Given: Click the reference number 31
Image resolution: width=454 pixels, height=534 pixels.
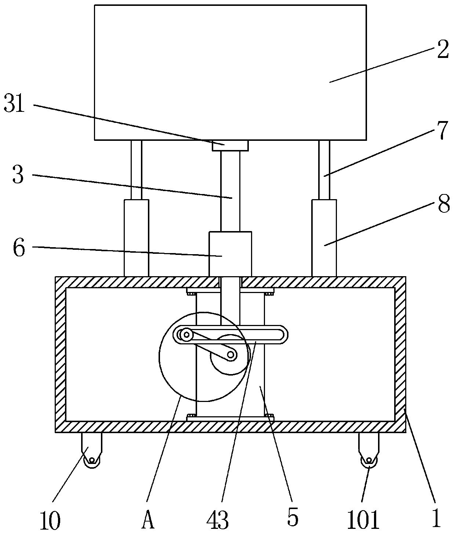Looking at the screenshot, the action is click(14, 103).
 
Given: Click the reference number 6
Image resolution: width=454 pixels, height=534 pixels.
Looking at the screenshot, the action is click(19, 248).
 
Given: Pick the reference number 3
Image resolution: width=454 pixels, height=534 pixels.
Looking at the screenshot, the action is click(18, 175).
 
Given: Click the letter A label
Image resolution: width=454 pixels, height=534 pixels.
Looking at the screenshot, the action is click(148, 519).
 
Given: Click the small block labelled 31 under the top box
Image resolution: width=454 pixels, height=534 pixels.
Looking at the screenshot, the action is click(230, 146).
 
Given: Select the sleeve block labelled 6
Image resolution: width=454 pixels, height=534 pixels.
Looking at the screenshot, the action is click(230, 254).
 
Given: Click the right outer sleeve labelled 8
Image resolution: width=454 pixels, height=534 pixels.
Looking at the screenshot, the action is click(324, 238).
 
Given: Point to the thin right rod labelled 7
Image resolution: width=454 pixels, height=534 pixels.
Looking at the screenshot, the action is click(324, 170).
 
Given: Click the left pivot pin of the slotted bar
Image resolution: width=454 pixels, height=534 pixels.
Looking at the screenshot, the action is click(186, 335).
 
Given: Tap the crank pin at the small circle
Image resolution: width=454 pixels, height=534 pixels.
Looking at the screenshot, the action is click(231, 355).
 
